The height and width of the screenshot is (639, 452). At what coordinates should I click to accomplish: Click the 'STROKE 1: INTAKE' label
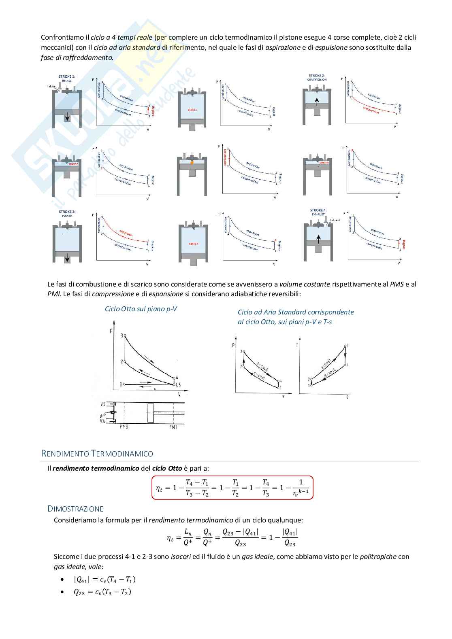[67, 78]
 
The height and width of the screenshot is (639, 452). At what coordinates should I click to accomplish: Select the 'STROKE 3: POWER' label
[67, 213]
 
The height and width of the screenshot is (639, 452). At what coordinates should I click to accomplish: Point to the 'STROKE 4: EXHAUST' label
[318, 212]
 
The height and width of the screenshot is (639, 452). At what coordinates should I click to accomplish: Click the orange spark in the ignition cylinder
[192, 162]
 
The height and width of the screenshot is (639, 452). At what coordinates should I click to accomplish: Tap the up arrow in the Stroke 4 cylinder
[318, 239]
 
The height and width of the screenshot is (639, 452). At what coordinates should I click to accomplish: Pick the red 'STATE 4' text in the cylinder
[194, 244]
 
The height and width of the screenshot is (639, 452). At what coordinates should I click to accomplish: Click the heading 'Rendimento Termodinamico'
[97, 453]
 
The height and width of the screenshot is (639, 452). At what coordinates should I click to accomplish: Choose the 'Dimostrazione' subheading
[75, 509]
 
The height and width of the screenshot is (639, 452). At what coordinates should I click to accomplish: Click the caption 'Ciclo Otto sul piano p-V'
[141, 309]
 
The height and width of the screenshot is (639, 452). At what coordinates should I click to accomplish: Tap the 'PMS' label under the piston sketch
[124, 427]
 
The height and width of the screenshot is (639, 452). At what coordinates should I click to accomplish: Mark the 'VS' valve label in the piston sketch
[103, 404]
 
